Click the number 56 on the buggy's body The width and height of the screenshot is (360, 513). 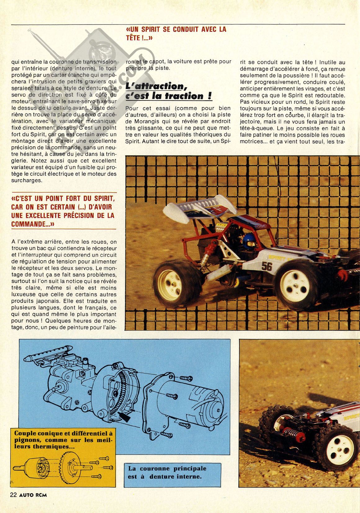pos(266,266)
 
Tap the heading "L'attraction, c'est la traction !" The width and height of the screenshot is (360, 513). pos(169,91)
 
